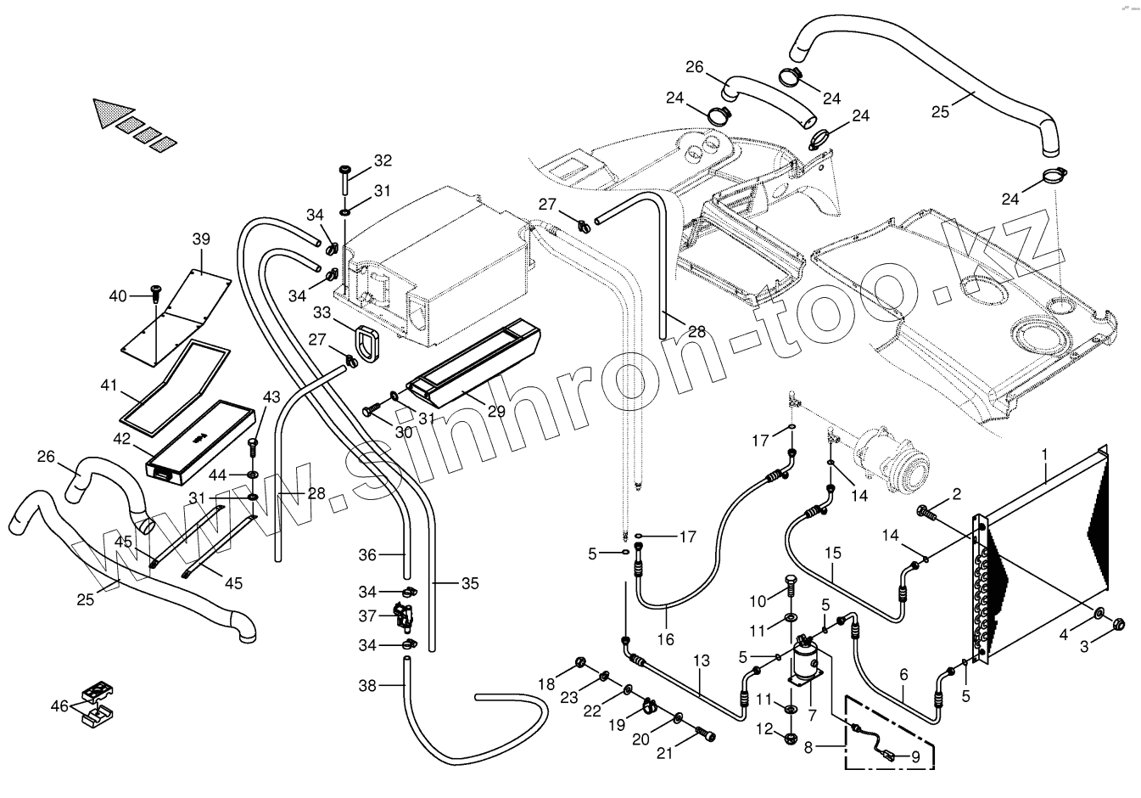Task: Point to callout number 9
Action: (x=915, y=755)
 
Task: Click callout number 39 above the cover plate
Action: (x=201, y=239)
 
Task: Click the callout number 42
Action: (x=122, y=440)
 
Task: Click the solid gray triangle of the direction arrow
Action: (x=113, y=113)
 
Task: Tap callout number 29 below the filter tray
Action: (x=496, y=412)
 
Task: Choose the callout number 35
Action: (x=470, y=583)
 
